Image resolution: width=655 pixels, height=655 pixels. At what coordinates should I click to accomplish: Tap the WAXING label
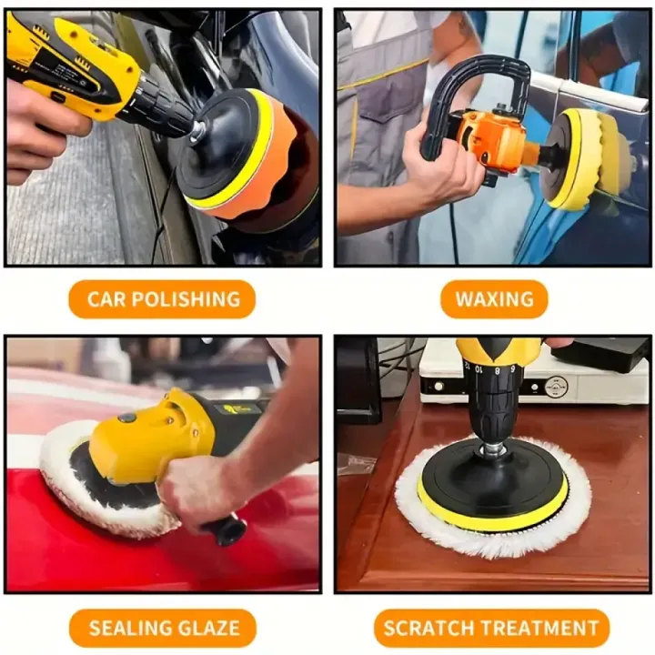[494, 299]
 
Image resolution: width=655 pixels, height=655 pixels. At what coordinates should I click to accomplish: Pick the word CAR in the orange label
[106, 299]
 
